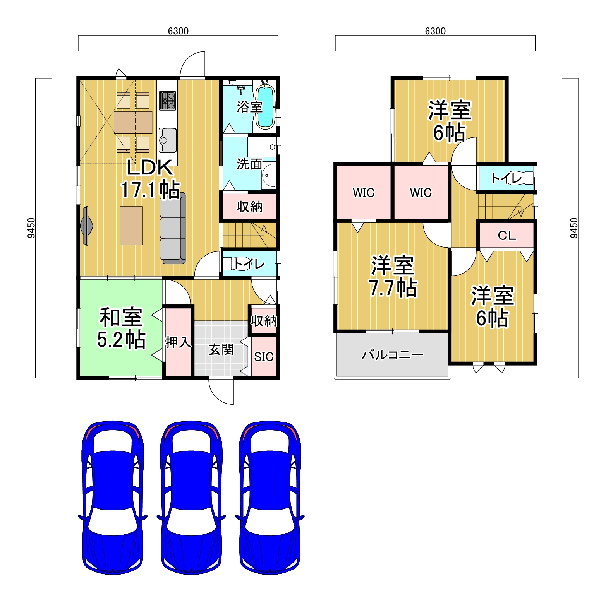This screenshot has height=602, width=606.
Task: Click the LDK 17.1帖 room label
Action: pos(150,179)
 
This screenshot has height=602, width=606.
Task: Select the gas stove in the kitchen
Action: pos(167,101)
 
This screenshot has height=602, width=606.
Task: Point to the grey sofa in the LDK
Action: pos(173,228)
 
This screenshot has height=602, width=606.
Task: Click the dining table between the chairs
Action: pos(133,122)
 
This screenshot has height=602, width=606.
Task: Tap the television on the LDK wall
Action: pos(86,226)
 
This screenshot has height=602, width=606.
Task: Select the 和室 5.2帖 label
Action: pos(121,328)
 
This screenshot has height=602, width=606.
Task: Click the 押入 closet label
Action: pos(178,342)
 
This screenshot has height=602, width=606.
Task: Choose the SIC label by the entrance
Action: pos(264,357)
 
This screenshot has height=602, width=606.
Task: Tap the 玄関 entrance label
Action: pos(221,349)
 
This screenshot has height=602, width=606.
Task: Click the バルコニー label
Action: pos(393,355)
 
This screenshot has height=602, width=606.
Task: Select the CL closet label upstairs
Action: pos(507,235)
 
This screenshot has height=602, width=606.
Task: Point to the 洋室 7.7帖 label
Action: pos(393,276)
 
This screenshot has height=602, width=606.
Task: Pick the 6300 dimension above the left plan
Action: pos(178,31)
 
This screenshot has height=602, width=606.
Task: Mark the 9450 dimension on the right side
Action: pos(574,228)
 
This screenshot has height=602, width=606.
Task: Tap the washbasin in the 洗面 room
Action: pos(269,176)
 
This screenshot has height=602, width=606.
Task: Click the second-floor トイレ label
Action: pos(506,178)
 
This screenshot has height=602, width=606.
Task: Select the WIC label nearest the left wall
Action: pos(364,192)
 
